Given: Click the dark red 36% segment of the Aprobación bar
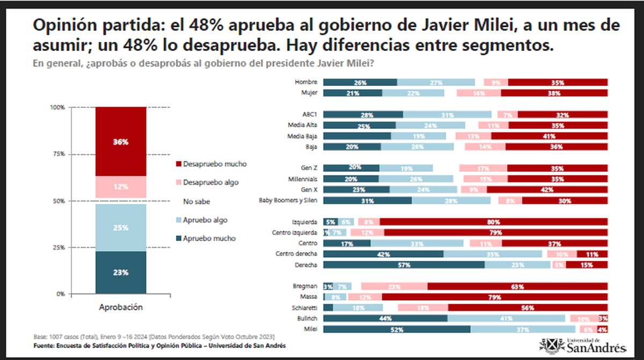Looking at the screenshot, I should tap(121, 142).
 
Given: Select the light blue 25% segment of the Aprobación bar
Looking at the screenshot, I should tap(121, 227).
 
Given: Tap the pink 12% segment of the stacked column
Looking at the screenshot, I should tap(121, 187).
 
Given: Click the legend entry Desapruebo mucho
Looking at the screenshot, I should tap(211, 164).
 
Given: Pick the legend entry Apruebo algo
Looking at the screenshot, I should tap(206, 220).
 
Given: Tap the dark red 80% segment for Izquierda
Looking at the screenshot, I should tap(493, 222).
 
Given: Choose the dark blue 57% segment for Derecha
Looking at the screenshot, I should tap(404, 265).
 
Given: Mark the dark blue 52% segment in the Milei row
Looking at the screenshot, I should tap(397, 329).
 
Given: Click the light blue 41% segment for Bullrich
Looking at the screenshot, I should tap(506, 319).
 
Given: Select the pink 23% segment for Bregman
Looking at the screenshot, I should tap(394, 286).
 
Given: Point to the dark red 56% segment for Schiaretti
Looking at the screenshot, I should tap(528, 308).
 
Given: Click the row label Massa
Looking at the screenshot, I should tap(309, 297).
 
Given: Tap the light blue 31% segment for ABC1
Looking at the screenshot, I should tap(447, 115).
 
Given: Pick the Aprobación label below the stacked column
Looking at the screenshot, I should tap(121, 307).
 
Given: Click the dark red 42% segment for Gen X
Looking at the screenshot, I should tap(547, 189).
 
